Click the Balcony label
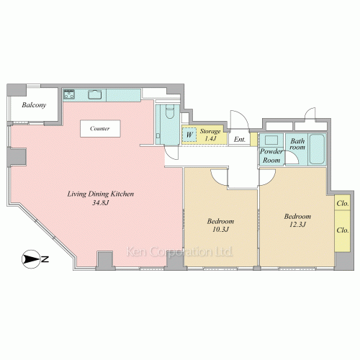(x=34, y=105)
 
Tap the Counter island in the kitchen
(x=100, y=129)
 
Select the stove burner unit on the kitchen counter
(x=69, y=94)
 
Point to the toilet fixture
(x=170, y=112)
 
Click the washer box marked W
(x=189, y=135)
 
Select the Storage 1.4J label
(x=210, y=135)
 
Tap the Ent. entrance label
(x=240, y=140)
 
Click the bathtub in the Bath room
(x=317, y=149)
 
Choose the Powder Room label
(x=271, y=156)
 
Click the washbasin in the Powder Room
(x=271, y=140)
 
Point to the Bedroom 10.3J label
(x=220, y=225)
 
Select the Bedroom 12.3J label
(x=297, y=220)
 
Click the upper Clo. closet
(x=343, y=203)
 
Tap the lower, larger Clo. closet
(x=343, y=231)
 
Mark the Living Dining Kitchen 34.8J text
(x=101, y=198)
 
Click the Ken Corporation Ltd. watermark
(x=179, y=252)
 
